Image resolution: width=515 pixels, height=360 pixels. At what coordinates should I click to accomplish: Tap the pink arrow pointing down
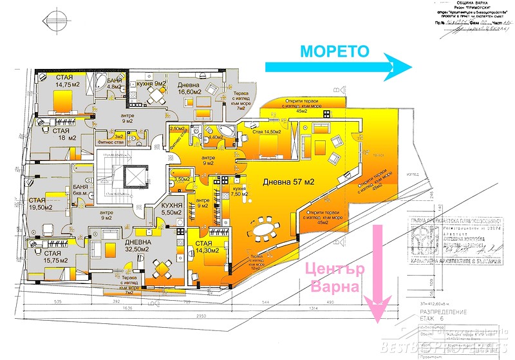point(377,270)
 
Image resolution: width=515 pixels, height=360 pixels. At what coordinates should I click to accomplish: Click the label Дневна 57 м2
point(288,183)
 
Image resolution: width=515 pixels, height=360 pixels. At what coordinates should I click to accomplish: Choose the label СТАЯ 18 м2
point(57,133)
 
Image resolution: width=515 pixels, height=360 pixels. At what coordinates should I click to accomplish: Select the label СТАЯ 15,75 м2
point(48,249)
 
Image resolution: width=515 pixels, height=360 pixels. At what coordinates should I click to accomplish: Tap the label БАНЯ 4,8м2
point(114,82)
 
